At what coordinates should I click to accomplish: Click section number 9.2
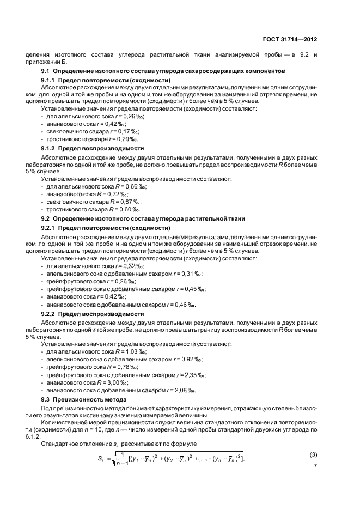[x=46, y=218]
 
